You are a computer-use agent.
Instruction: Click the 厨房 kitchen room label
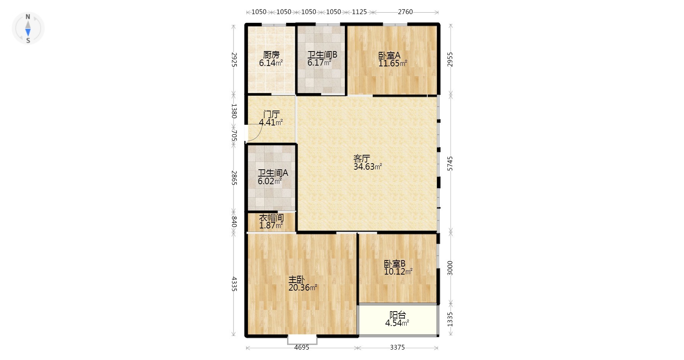(271, 55)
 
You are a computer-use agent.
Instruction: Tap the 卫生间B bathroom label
(322, 55)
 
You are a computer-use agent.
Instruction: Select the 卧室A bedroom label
(389, 55)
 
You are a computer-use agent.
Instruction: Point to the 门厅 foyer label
(272, 114)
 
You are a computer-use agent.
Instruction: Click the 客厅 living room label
(362, 158)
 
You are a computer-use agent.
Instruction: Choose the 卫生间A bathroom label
(273, 173)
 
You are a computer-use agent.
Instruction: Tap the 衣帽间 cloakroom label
(272, 218)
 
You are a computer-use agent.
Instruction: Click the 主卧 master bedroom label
(296, 280)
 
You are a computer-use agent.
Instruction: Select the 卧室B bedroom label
(394, 264)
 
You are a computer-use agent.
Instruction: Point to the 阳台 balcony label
(398, 315)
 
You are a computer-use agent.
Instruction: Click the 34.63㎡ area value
(368, 167)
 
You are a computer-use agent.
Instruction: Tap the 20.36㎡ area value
(303, 288)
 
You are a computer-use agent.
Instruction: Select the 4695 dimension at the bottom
(302, 347)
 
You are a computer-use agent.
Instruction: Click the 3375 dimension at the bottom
(397, 347)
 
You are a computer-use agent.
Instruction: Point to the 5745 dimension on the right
(450, 163)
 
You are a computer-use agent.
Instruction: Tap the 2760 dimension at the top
(405, 12)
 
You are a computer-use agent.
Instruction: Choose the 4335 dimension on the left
(234, 284)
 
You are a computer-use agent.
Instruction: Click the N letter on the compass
(28, 17)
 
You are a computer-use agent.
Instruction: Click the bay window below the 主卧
(302, 340)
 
